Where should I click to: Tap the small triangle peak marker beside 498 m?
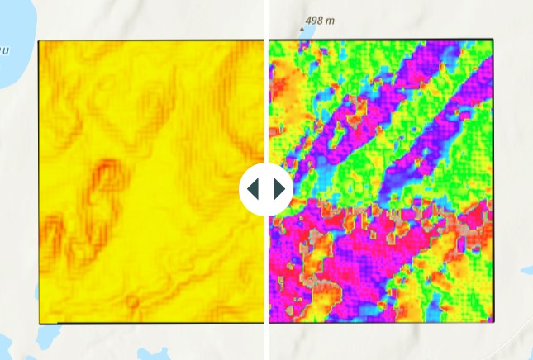pyautogui.click(x=301, y=28)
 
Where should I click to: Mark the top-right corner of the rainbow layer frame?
pyautogui.click(x=493, y=40)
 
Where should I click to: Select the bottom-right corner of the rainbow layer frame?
pyautogui.click(x=493, y=322)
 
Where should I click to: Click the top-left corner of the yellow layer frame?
pyautogui.click(x=39, y=40)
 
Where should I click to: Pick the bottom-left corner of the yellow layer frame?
pyautogui.click(x=39, y=323)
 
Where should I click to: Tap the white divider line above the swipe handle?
pyautogui.click(x=266, y=83)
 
